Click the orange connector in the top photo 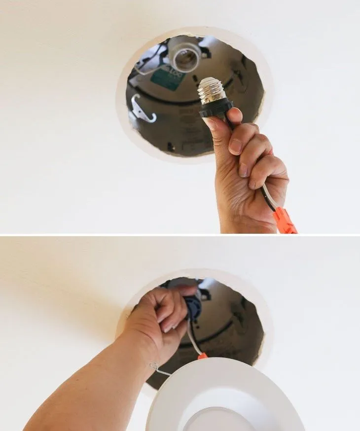click(x=286, y=220)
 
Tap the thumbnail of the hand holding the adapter click(x=211, y=123)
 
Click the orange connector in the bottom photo click(x=203, y=356)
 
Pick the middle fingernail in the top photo click(x=243, y=170)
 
